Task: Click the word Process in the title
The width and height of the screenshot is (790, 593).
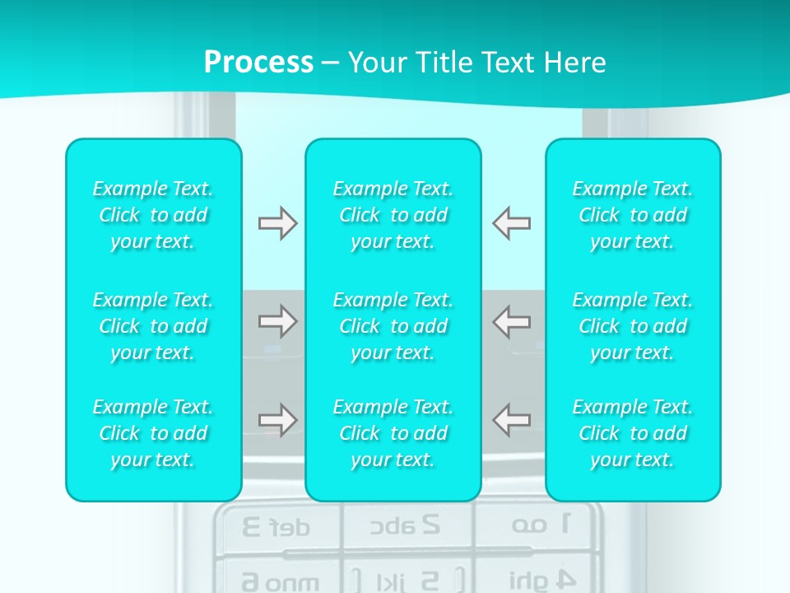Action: [258, 63]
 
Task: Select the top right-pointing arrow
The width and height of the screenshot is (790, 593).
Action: [277, 223]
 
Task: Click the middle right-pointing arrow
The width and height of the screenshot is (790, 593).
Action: [277, 321]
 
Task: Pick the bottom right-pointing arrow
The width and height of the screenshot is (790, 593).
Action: [277, 420]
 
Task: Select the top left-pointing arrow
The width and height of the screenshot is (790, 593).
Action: [512, 223]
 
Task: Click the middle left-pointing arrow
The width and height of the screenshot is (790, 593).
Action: [512, 321]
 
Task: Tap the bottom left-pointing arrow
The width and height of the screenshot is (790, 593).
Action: [512, 420]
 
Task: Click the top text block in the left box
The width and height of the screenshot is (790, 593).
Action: [153, 215]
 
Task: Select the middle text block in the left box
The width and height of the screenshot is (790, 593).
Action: [153, 326]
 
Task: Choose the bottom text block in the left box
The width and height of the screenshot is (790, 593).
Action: [153, 433]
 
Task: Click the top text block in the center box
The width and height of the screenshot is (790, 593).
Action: [393, 215]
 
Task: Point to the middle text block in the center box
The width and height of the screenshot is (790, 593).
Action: [393, 326]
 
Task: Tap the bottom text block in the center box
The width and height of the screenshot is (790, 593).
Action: [393, 433]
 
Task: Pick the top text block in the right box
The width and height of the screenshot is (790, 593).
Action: [633, 215]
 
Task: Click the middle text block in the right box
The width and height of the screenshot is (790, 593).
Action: [633, 326]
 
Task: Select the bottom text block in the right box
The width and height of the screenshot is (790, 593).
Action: [633, 433]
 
